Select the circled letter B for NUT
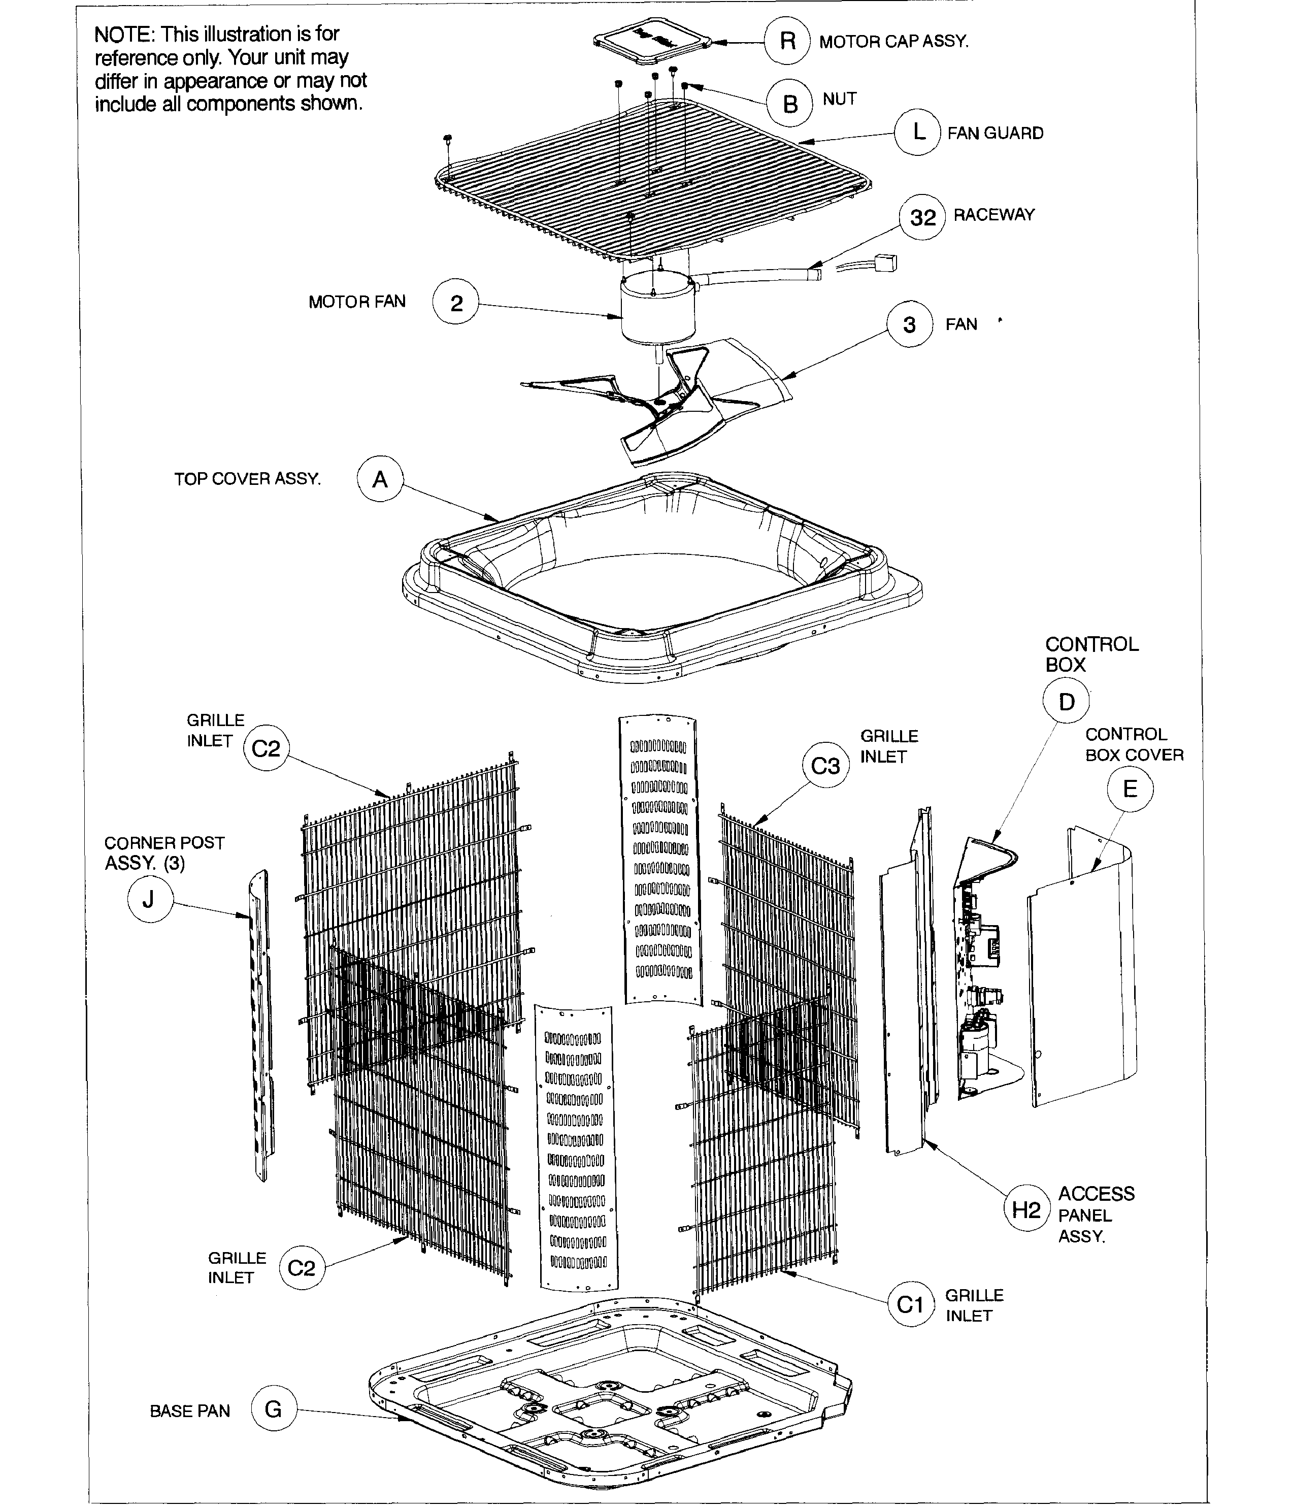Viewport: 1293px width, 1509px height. (789, 104)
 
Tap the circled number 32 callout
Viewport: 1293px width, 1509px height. (922, 217)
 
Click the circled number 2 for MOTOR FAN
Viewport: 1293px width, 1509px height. (456, 302)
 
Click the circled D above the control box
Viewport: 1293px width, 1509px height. (1066, 701)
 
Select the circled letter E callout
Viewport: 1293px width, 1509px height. (1130, 789)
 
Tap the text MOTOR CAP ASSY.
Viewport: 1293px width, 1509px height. (894, 42)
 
